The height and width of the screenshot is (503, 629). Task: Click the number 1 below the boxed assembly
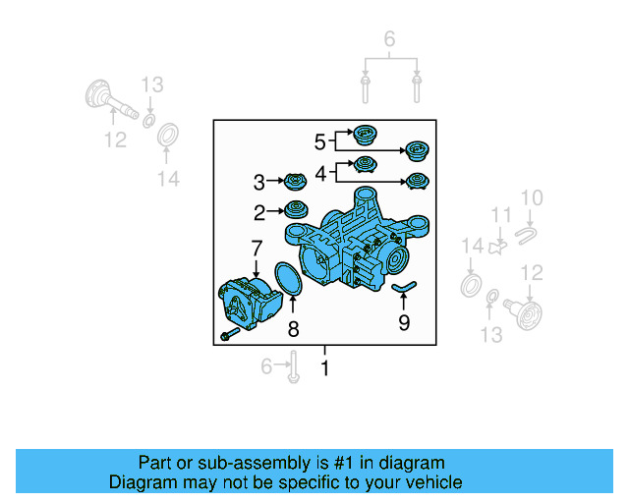pyautogui.click(x=324, y=368)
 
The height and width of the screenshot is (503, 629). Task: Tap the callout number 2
pyautogui.click(x=259, y=211)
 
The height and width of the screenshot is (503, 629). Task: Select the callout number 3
pyautogui.click(x=259, y=182)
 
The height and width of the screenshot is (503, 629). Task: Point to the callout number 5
pyautogui.click(x=319, y=142)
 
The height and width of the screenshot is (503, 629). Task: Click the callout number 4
pyautogui.click(x=320, y=173)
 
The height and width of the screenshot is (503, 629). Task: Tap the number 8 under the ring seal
pyautogui.click(x=293, y=330)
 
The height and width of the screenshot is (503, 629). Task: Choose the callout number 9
pyautogui.click(x=404, y=321)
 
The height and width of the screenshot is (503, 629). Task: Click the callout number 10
pyautogui.click(x=531, y=199)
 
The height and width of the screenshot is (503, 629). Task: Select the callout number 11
pyautogui.click(x=502, y=216)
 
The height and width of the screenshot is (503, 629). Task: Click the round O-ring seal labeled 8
pyautogui.click(x=284, y=276)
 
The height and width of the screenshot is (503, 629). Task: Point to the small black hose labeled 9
pyautogui.click(x=404, y=287)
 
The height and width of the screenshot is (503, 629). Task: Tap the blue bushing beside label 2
pyautogui.click(x=295, y=208)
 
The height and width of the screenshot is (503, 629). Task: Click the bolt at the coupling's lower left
pyautogui.click(x=228, y=337)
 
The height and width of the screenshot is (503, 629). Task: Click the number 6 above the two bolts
pyautogui.click(x=389, y=40)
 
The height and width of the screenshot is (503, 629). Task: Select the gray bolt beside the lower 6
pyautogui.click(x=293, y=369)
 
